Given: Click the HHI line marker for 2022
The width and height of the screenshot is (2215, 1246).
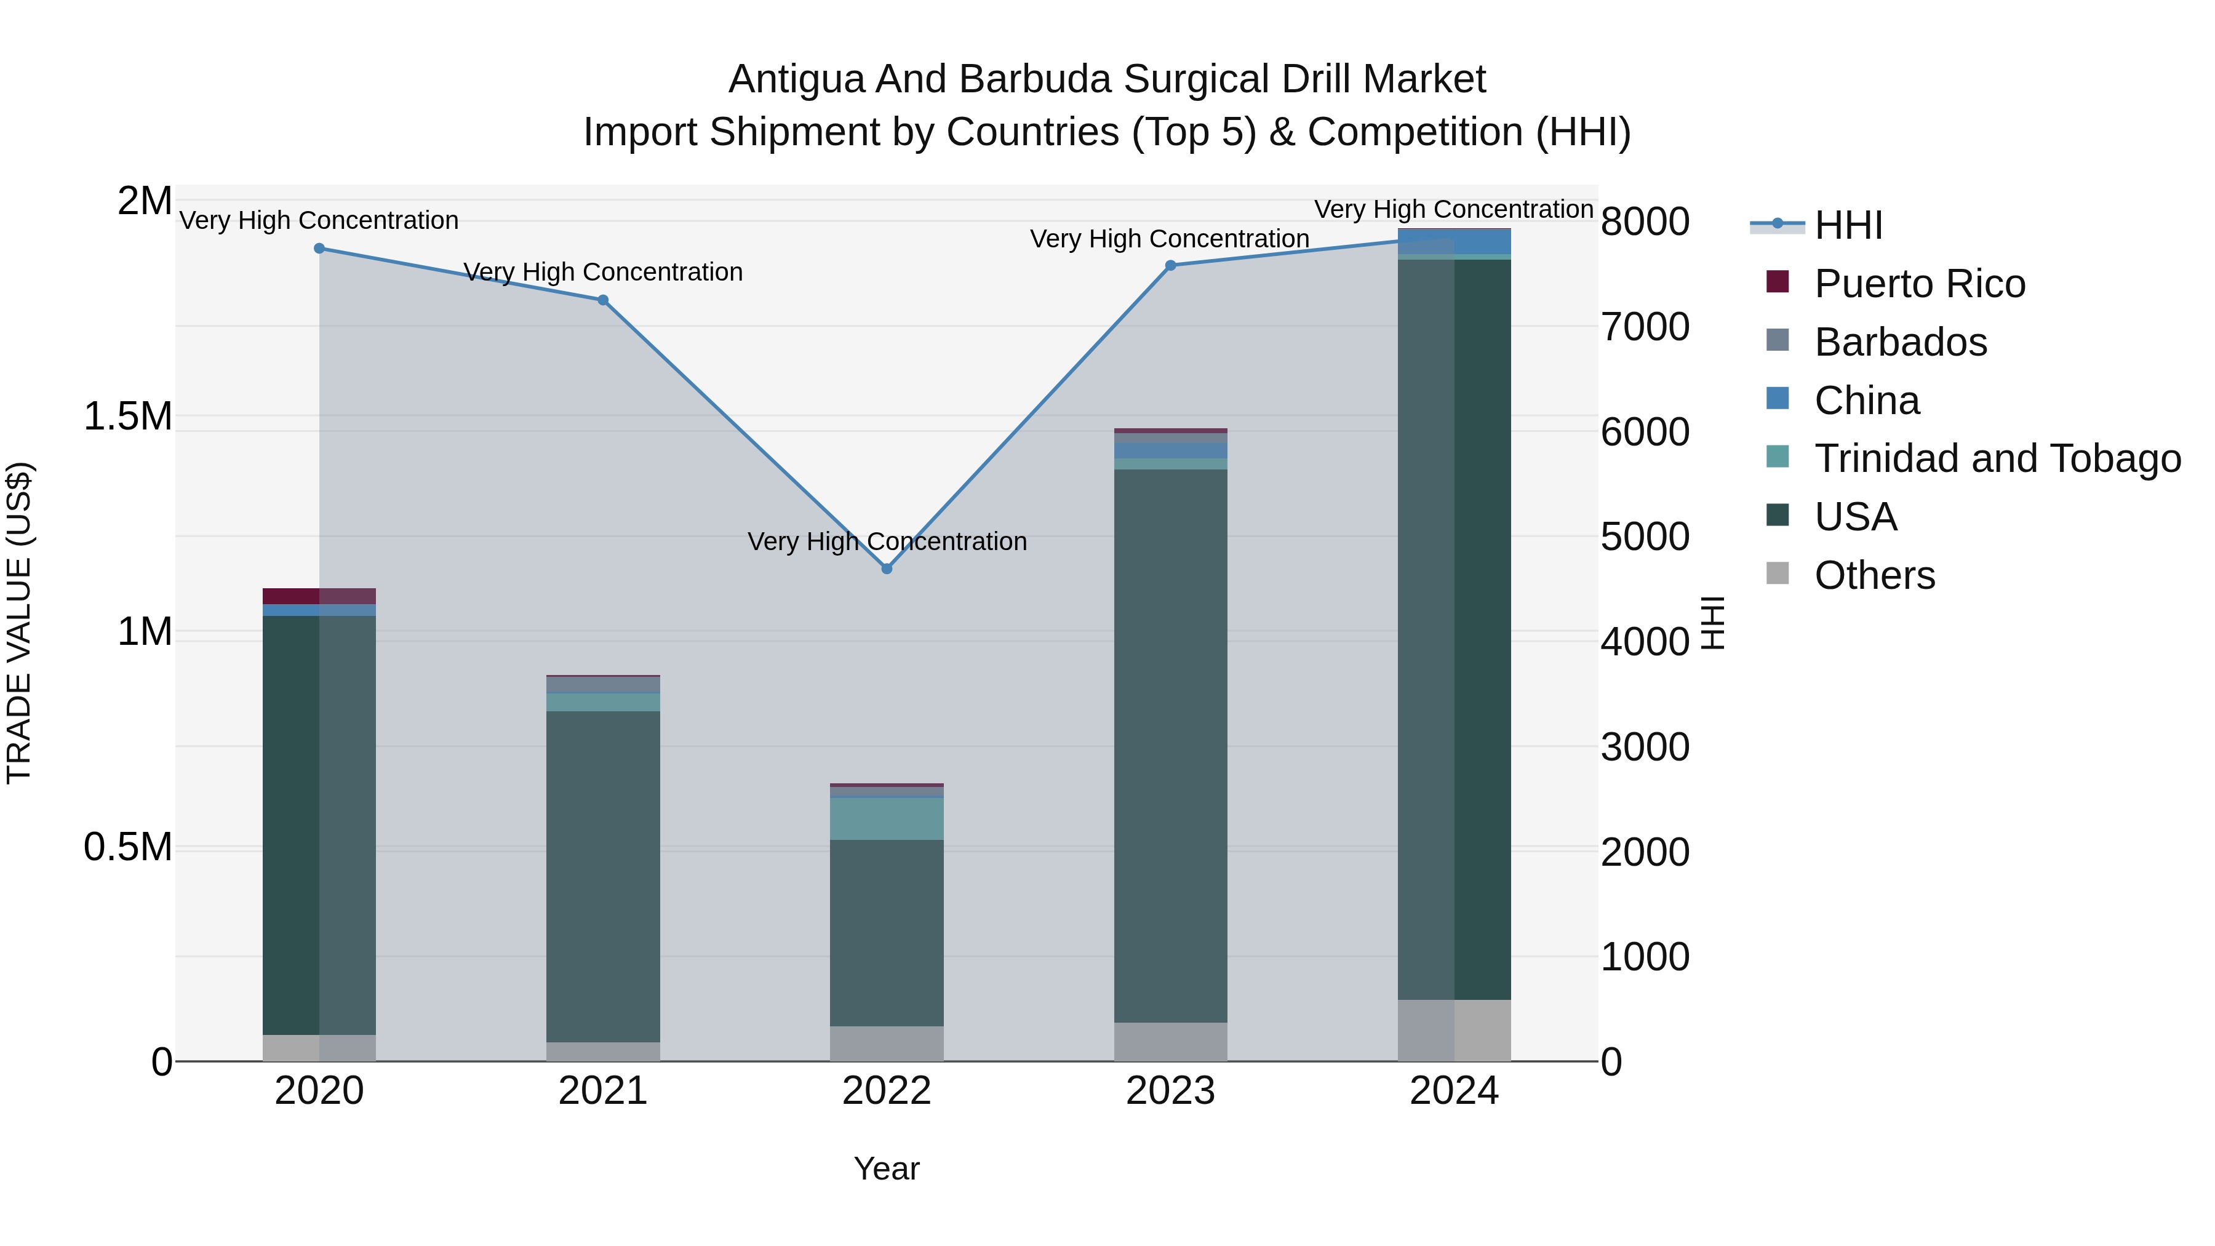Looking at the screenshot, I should [887, 569].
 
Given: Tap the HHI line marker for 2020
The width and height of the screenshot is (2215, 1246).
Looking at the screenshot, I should [319, 249].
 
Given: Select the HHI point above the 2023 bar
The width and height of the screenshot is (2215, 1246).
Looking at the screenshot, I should [1170, 266].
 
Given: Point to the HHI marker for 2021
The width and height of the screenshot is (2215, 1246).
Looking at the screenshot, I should [603, 300].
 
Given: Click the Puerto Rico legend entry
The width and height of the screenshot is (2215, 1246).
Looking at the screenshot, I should [1918, 284].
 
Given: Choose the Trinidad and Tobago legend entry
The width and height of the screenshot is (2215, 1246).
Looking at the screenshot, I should [1997, 458].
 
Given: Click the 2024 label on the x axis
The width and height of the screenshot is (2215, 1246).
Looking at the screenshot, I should [1454, 1091].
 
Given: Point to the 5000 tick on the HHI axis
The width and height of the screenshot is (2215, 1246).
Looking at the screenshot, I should [1645, 537].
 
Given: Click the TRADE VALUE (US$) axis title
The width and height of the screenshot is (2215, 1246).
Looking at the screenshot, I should [19, 623].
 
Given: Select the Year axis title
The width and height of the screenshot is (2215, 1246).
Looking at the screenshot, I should [887, 1168].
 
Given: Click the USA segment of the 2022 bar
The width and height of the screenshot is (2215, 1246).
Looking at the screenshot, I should [887, 932].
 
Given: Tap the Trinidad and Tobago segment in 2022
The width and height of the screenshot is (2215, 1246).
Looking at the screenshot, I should [887, 818].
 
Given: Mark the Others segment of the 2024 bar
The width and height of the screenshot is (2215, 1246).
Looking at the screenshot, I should [1454, 1030].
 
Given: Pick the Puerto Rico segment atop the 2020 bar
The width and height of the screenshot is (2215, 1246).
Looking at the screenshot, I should [319, 596].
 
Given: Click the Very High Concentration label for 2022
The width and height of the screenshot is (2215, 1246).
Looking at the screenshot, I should [887, 541].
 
